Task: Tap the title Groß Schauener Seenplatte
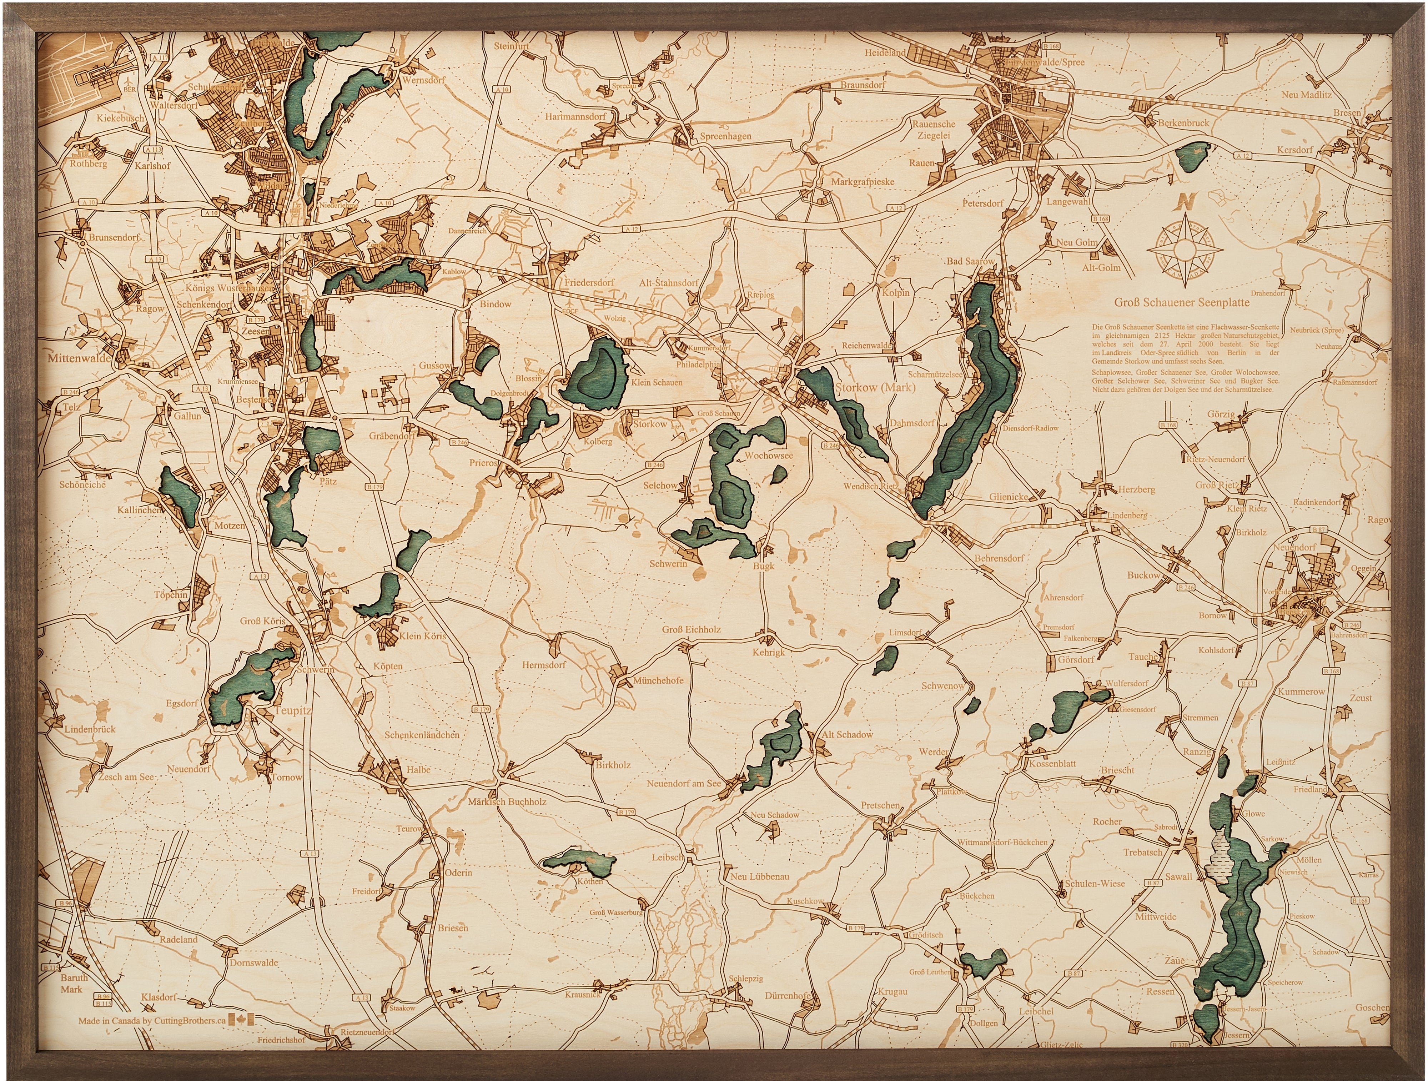[x=1181, y=302]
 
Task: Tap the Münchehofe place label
[x=658, y=680]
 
